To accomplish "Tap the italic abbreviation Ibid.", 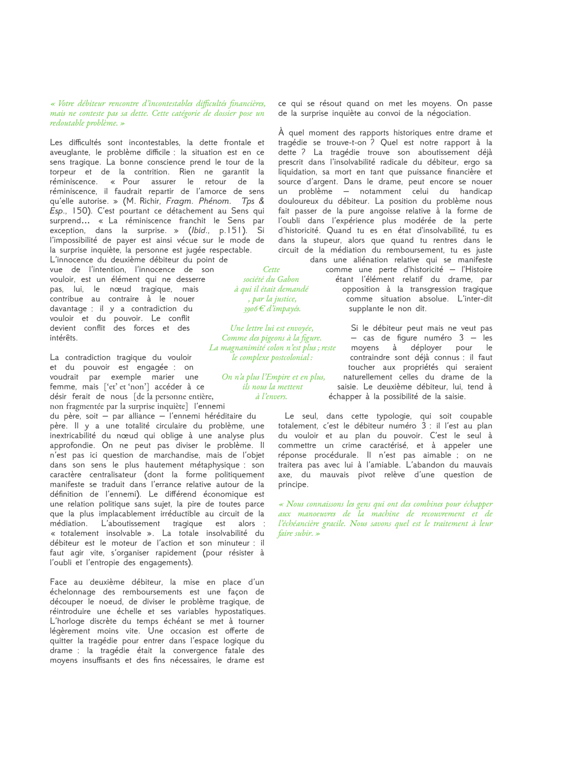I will point(200,231).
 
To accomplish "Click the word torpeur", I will point(63,172).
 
